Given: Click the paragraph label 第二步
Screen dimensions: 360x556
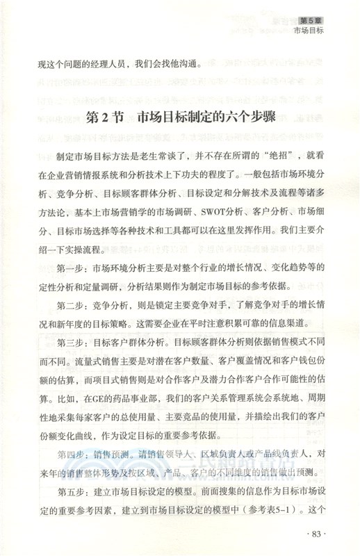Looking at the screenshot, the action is point(69,306).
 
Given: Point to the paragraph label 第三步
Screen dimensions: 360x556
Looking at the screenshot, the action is point(69,343).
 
